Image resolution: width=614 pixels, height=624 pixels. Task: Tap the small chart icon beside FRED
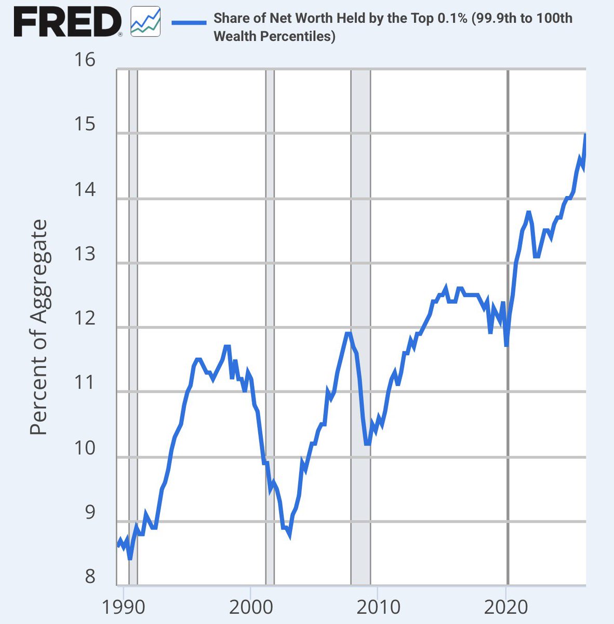tap(145, 21)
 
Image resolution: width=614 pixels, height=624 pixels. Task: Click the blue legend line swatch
tap(189, 23)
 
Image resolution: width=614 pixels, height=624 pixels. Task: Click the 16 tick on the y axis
tap(85, 60)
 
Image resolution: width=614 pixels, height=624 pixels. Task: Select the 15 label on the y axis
tap(85, 124)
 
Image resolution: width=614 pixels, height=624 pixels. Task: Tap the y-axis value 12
tap(85, 318)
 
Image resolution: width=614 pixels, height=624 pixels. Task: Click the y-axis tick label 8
tap(90, 576)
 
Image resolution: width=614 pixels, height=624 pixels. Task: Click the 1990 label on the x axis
tap(123, 607)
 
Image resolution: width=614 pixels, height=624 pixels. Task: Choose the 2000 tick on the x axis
tap(251, 607)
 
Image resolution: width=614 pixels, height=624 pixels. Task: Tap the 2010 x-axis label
tap(379, 607)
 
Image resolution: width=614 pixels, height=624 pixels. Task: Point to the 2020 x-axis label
tap(506, 607)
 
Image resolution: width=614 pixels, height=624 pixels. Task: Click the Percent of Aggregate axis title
tap(38, 327)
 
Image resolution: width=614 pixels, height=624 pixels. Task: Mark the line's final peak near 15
tap(585, 134)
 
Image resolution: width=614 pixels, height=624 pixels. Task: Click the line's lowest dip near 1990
tap(130, 558)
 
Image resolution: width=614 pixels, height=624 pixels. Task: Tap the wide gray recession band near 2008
tap(361, 327)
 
